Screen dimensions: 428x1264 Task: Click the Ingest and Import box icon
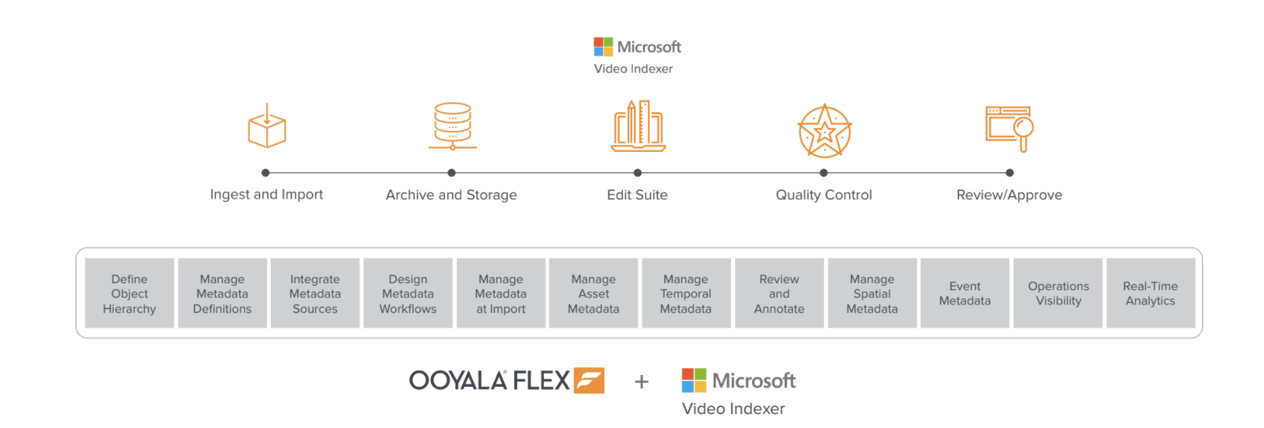tap(266, 127)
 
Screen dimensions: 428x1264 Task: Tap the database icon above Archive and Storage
tap(453, 126)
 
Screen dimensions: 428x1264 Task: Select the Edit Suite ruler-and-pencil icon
tap(638, 126)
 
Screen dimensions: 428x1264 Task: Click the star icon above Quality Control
tap(825, 131)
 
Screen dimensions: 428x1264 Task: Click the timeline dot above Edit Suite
tap(638, 173)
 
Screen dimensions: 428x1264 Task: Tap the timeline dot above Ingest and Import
tap(265, 173)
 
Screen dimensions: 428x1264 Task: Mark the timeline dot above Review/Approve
tap(1009, 173)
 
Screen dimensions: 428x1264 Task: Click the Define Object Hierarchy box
tap(130, 293)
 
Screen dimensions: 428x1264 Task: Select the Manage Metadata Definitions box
tap(223, 293)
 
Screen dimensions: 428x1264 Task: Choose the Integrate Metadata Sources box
tap(315, 293)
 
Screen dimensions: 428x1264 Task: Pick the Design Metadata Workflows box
tap(408, 293)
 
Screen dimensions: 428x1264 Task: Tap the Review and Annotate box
tap(779, 293)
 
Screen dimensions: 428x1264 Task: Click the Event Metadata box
tap(965, 293)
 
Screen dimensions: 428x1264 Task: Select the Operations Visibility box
tap(1058, 293)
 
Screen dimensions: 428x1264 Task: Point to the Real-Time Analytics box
tap(1150, 293)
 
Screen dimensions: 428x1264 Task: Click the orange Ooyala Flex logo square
tap(589, 381)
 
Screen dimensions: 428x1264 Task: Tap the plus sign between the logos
tap(642, 381)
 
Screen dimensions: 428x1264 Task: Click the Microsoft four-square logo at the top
tap(603, 47)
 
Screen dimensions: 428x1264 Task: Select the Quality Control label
tap(824, 195)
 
